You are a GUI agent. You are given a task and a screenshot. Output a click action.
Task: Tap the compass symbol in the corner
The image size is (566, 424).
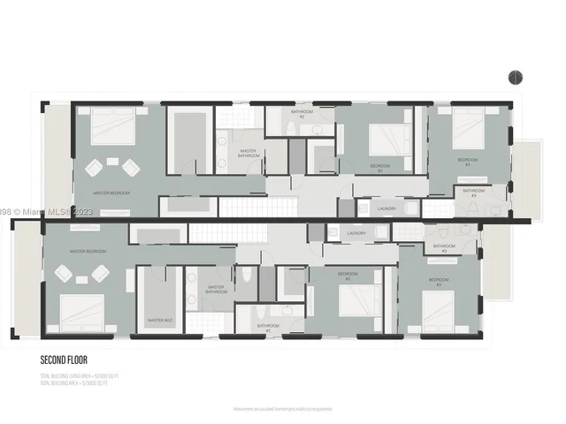point(515,78)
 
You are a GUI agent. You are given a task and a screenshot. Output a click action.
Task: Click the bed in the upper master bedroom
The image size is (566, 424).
point(111,128)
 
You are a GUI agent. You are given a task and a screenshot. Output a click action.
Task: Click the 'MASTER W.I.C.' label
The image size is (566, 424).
point(159,320)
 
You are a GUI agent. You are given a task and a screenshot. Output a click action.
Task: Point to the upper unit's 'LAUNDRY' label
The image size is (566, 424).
point(386,208)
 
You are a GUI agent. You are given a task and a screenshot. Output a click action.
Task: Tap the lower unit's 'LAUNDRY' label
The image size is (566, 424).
point(356,233)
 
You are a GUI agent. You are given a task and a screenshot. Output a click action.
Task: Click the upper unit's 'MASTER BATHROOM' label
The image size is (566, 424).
point(249,153)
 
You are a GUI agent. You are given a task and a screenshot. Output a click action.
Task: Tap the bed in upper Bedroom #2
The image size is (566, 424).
point(386,139)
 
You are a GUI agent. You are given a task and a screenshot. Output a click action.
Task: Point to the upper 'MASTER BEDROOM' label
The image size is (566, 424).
point(112,192)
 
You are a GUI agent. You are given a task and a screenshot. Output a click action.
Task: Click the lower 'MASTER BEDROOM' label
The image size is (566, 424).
point(88,252)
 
